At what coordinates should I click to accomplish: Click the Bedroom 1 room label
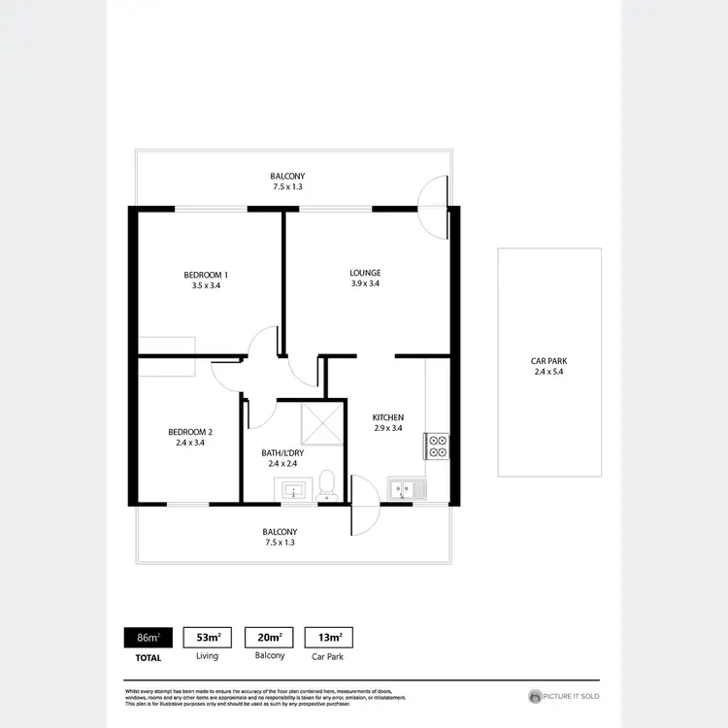[205, 274]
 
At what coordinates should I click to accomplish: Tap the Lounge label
[365, 273]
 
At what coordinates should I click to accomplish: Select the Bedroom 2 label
[189, 431]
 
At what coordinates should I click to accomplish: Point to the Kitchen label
[388, 417]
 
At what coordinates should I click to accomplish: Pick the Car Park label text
[548, 359]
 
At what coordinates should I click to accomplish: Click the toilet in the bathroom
[327, 483]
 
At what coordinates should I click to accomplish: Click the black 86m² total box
[148, 638]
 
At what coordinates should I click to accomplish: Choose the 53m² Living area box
[208, 638]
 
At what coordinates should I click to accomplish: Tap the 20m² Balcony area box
[269, 638]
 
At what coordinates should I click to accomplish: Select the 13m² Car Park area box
[329, 638]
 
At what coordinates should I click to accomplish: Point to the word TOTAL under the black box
[148, 656]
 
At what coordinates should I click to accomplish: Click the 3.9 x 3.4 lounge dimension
[365, 284]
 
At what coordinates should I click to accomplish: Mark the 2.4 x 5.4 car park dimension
[548, 371]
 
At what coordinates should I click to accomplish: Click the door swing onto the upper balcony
[433, 206]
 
